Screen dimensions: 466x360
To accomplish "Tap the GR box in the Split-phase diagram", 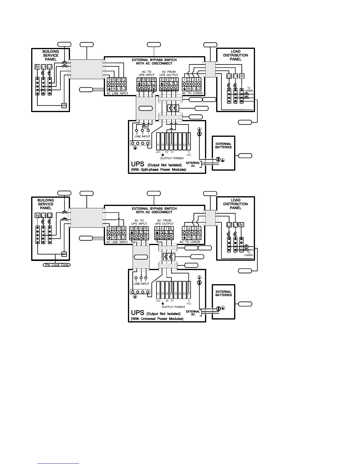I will [x=64, y=106].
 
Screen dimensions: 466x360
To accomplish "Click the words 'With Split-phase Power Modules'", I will [x=159, y=170].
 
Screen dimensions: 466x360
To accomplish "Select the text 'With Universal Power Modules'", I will [x=157, y=319].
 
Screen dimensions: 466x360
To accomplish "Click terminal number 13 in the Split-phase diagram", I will [x=139, y=79].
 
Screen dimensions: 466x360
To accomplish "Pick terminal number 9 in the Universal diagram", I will [x=109, y=228].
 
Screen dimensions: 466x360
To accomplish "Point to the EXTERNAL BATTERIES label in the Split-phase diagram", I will [x=224, y=146].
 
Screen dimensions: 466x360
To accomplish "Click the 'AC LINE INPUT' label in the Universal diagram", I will [x=117, y=242].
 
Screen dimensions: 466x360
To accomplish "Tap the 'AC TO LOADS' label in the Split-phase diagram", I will [x=192, y=93].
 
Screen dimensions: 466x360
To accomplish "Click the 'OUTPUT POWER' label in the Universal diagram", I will [x=174, y=307].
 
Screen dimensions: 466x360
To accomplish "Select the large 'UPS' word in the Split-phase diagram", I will [x=138, y=164].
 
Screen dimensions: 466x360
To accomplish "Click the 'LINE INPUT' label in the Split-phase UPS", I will [x=142, y=137].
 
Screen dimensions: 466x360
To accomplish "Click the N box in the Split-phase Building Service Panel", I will [x=37, y=67].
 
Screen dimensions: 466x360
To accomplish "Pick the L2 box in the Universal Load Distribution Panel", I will [x=229, y=225].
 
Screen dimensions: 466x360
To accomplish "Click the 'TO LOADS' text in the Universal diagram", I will [x=249, y=254].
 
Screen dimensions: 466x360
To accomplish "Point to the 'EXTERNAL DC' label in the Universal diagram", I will [x=193, y=313].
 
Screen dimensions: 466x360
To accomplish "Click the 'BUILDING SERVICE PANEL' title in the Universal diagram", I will [x=46, y=204].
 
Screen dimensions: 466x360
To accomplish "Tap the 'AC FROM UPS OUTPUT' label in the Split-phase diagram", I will [x=170, y=73].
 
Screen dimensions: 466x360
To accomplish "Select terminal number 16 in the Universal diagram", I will [x=146, y=228].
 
